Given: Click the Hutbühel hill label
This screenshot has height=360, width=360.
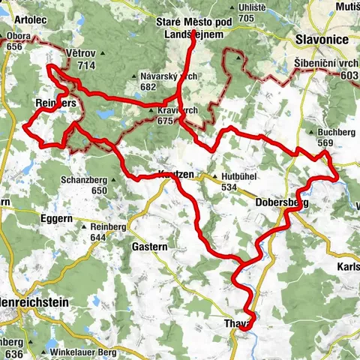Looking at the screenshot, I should click(240, 177).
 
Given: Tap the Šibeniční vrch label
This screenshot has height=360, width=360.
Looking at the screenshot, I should click(326, 64).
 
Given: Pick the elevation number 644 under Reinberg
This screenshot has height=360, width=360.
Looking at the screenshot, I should click(97, 238).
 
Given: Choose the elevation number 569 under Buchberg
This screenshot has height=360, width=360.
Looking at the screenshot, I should click(324, 143).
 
